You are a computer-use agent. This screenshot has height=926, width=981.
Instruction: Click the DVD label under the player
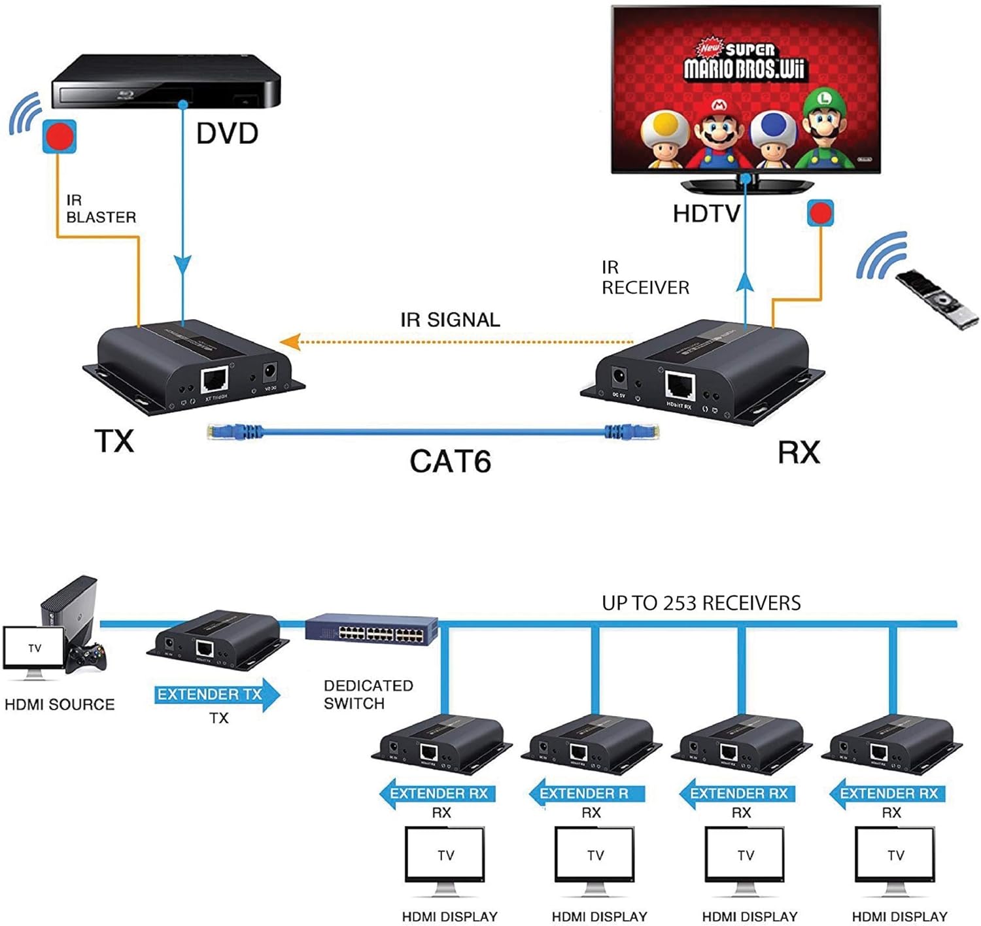(227, 133)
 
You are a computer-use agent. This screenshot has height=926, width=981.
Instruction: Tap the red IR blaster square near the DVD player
(60, 137)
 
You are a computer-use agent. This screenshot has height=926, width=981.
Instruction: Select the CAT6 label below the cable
(450, 461)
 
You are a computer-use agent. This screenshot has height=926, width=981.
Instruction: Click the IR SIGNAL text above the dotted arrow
(450, 320)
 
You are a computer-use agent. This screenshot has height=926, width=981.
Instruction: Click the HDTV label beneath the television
(706, 214)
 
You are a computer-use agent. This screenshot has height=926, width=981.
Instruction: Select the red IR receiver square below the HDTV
(820, 213)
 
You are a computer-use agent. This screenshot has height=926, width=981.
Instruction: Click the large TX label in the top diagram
(114, 441)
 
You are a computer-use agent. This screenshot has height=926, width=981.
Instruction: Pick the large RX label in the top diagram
(799, 453)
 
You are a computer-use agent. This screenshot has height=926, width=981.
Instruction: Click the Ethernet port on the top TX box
(215, 379)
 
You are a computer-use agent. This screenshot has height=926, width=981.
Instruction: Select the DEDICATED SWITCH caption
(368, 694)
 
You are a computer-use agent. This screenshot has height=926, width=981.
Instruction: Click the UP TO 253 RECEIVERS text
(701, 603)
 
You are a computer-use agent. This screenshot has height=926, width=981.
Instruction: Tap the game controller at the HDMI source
(87, 657)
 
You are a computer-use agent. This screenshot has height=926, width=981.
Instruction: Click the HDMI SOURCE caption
(60, 704)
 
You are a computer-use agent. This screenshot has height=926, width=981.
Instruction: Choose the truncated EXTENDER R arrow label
(586, 794)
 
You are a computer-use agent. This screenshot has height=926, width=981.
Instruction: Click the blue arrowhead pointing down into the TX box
(183, 265)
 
